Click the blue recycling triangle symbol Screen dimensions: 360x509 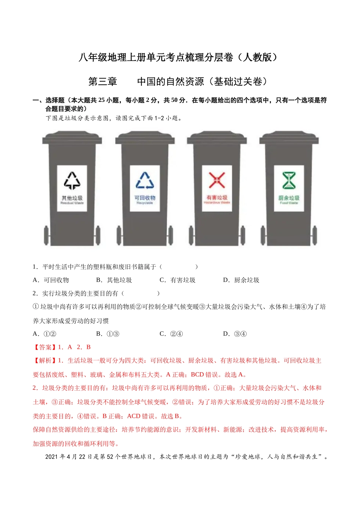(x=145, y=180)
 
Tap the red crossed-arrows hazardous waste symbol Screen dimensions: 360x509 (x=217, y=180)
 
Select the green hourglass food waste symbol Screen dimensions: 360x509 (x=289, y=180)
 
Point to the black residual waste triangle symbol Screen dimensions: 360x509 (x=72, y=181)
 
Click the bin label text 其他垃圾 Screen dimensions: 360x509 (x=72, y=198)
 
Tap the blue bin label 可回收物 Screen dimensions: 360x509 (x=145, y=198)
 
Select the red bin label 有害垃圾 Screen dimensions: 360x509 (x=217, y=197)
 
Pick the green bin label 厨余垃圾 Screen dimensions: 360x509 (x=289, y=198)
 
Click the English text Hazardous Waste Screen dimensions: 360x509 (x=217, y=203)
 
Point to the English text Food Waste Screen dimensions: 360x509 (x=289, y=203)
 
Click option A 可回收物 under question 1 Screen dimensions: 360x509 (x=51, y=280)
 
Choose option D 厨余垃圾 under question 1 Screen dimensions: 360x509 (x=241, y=280)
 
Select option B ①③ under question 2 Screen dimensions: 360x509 (x=108, y=334)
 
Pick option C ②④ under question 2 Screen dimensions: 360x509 (x=171, y=334)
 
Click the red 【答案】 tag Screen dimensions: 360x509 (x=45, y=347)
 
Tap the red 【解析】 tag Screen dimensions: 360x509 (x=45, y=361)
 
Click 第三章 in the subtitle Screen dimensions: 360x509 (x=103, y=81)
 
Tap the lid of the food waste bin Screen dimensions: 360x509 (x=289, y=137)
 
